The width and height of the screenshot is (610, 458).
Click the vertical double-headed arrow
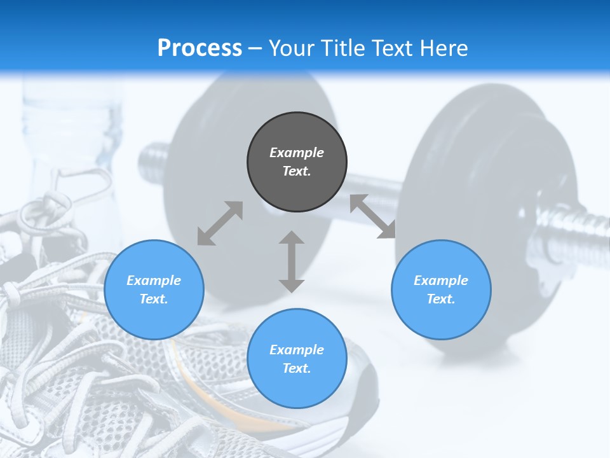pos(292,261)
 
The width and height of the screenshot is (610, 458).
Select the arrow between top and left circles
pos(220,223)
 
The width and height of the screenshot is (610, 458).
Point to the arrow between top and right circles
pos(372,216)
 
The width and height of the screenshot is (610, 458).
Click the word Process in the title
pos(200,48)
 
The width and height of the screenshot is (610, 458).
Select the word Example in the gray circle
pos(297,153)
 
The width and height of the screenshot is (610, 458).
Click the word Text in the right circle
pos(441,299)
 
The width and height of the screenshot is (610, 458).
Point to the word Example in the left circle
pos(154,281)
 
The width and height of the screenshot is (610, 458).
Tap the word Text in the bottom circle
pos(297,368)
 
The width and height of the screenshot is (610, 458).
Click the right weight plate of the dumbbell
pos(470,191)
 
